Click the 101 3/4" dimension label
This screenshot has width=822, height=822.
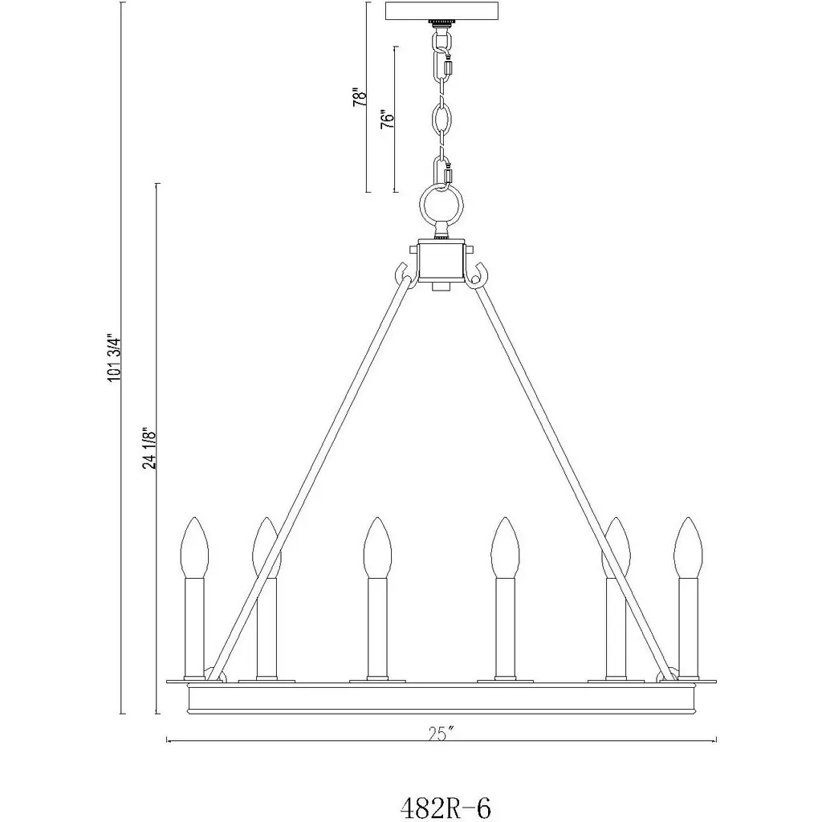coord(115,357)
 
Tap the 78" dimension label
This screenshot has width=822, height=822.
coord(359,97)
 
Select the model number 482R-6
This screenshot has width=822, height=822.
coord(446,808)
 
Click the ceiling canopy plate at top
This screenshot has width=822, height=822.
coord(442,11)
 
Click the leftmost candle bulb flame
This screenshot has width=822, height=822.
coord(194,547)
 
